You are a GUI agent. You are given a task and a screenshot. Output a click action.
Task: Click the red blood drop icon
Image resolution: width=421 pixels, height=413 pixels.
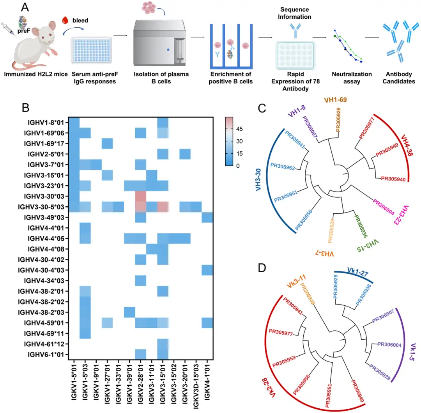point(65,19)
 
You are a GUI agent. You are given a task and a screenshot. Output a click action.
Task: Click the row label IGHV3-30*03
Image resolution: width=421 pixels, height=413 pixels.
point(45,196)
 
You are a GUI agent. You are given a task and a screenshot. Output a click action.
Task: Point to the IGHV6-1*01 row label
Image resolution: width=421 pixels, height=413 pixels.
point(48,355)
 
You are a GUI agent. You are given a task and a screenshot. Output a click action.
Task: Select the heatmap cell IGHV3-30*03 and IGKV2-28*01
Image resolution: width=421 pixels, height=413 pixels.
point(140,196)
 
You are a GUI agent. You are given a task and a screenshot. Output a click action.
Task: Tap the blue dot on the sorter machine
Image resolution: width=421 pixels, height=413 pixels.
point(168,50)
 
